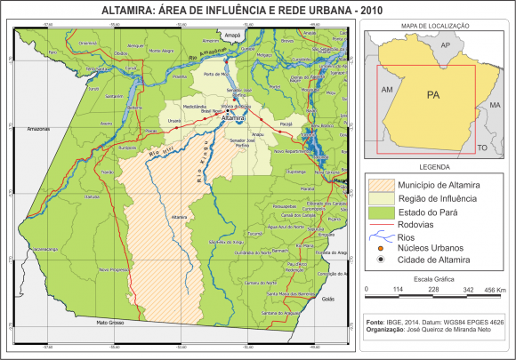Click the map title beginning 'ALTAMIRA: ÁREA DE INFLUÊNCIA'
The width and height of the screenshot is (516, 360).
click(258, 9)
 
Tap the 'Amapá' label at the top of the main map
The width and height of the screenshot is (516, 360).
click(233, 35)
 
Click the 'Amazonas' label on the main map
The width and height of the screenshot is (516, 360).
click(39, 129)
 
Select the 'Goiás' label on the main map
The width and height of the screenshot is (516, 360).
click(327, 299)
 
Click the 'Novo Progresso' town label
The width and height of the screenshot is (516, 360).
click(114, 268)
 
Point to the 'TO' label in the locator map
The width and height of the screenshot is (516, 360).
click(482, 145)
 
